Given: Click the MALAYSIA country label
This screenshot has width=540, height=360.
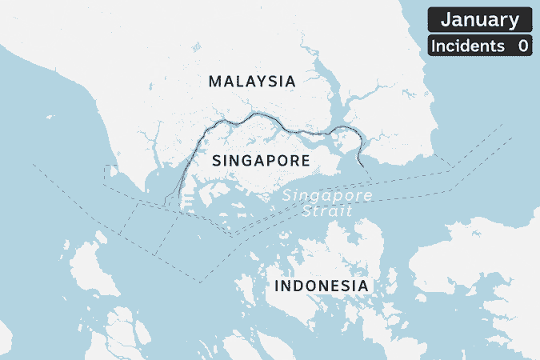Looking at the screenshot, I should pos(251,81).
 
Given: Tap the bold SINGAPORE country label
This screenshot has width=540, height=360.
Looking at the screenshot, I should pos(261,161).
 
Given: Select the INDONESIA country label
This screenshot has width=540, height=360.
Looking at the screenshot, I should pos(321,286).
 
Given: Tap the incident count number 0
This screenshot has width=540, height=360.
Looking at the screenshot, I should pos(522,46).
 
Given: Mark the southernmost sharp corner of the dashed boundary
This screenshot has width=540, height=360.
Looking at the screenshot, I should pos(199,282).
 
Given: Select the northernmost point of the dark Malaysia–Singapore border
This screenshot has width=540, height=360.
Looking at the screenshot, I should pos(258,114).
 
